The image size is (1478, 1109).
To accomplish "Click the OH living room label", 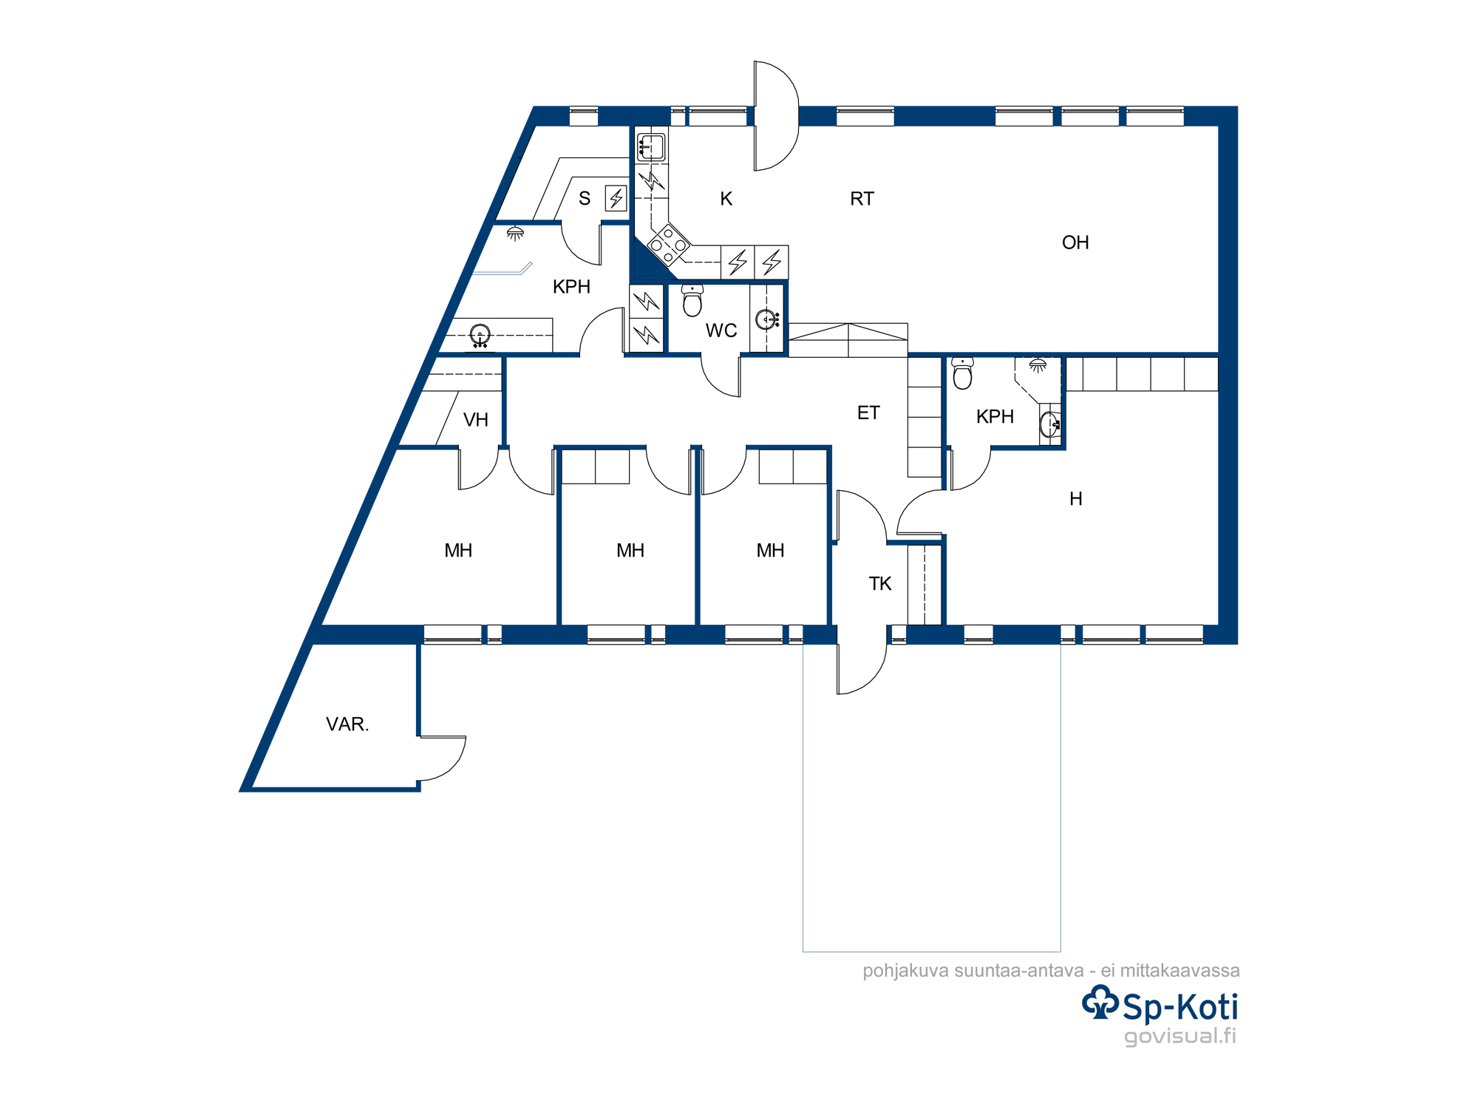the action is (x=1075, y=243).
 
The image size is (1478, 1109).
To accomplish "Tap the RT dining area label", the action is (x=862, y=199).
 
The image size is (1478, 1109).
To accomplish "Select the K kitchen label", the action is (x=726, y=199).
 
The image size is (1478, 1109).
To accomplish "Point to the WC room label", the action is (x=721, y=330).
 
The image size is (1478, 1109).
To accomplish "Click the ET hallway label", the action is (x=868, y=413).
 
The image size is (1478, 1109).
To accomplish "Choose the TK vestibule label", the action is (x=880, y=583).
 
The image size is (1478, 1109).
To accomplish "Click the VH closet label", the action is (x=476, y=420).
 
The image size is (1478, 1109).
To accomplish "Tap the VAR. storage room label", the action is (x=347, y=724).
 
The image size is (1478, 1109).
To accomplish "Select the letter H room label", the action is (x=1076, y=499).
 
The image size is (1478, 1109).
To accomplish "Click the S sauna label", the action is (x=585, y=198).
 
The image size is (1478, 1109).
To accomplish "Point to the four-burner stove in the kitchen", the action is (x=668, y=244).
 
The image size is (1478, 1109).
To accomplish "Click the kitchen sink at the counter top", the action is (x=651, y=147).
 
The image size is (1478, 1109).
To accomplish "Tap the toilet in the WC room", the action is (x=692, y=300).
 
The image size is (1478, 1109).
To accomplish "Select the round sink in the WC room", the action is (x=766, y=319).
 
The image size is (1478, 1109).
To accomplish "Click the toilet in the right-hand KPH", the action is (x=962, y=373).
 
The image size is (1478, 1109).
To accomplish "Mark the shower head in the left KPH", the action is (x=515, y=234).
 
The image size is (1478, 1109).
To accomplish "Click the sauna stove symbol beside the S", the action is (x=616, y=197).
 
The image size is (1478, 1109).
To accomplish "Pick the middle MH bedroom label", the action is (x=630, y=551).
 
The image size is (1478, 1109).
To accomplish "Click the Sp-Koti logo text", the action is (x=1180, y=1007).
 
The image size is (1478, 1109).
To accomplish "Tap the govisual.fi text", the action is (x=1180, y=1036).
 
